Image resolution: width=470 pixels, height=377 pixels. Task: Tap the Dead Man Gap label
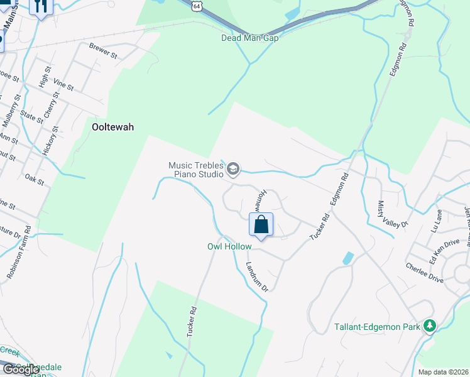pos(249,38)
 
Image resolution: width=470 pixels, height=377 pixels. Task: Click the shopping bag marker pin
pos(261,225)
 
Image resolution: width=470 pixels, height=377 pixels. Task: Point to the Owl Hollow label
pos(229,247)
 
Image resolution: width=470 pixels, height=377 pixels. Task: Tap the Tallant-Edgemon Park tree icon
pos(430,325)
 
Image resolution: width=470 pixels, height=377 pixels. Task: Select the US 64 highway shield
pos(197,5)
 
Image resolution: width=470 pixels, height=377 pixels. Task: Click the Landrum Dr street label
pos(257,277)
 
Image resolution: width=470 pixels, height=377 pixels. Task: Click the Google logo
pos(21,369)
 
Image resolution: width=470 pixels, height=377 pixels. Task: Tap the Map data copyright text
pos(443,372)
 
